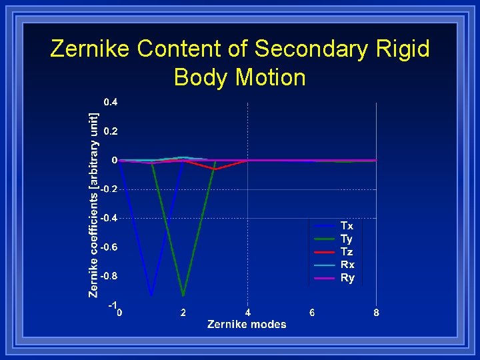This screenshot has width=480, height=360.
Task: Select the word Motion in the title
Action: pyautogui.click(x=270, y=77)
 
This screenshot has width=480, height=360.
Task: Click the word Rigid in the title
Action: pyautogui.click(x=400, y=49)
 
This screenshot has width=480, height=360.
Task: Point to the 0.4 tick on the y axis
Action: pyautogui.click(x=111, y=102)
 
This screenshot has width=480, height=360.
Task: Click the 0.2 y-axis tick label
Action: pyautogui.click(x=111, y=131)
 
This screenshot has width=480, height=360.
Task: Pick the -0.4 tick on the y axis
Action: pyautogui.click(x=109, y=218)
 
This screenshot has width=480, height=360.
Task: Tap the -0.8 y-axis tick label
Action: pyautogui.click(x=109, y=276)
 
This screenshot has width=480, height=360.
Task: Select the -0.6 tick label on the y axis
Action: pyautogui.click(x=109, y=247)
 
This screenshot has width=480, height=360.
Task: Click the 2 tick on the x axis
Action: pyautogui.click(x=183, y=313)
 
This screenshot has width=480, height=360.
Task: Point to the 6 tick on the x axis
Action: pyautogui.click(x=312, y=313)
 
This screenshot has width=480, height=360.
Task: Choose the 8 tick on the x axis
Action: pyautogui.click(x=377, y=313)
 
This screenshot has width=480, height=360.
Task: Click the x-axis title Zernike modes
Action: pyautogui.click(x=247, y=325)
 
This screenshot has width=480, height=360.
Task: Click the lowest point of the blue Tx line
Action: pyautogui.click(x=151, y=295)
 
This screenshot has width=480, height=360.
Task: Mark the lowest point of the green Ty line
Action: pyautogui.click(x=183, y=295)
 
